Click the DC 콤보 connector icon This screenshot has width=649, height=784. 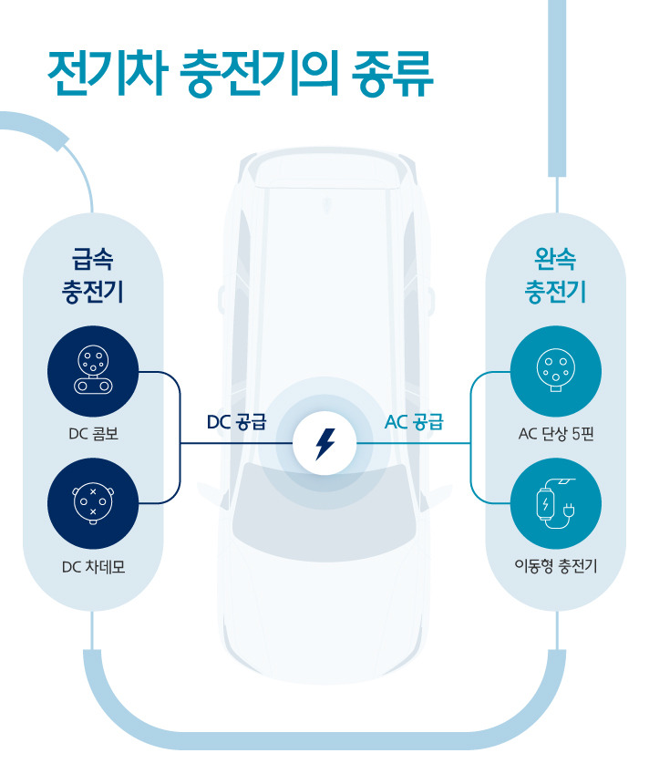coord(93,372)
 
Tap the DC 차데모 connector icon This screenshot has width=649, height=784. coord(93,503)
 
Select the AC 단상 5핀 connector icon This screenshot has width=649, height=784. coord(556,372)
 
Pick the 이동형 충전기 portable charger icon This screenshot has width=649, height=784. coord(556,503)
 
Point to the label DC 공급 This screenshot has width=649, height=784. coord(236,422)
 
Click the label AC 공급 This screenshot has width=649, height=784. coord(414,422)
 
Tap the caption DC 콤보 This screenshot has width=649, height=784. coord(93,434)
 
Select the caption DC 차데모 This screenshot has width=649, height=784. coord(93,567)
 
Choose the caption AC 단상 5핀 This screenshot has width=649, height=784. coord(556,434)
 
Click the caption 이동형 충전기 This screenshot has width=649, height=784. coord(556,567)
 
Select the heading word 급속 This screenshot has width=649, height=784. coord(93,258)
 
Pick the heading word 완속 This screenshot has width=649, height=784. coord(556,258)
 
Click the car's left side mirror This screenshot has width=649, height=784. coord(221,300)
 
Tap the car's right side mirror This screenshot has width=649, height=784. coord(428,300)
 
